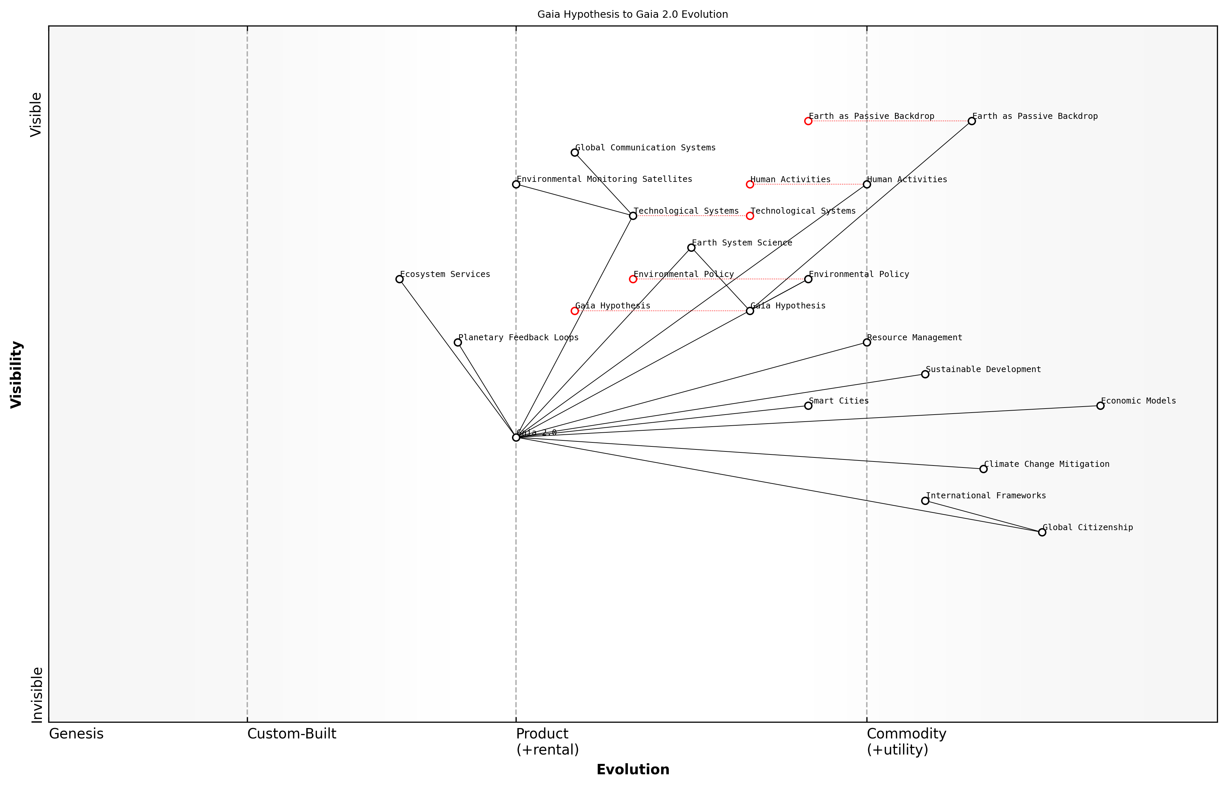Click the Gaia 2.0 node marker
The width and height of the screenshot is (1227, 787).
516,437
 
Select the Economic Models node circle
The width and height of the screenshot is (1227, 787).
1100,406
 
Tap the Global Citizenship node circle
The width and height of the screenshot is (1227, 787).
1042,532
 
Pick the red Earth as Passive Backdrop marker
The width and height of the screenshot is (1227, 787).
808,121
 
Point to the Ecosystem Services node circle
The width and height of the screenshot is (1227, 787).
399,279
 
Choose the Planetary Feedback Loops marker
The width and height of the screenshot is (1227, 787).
458,342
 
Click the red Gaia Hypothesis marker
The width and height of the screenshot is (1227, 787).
575,311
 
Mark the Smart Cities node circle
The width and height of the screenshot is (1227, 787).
808,406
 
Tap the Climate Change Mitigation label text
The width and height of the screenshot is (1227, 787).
1046,464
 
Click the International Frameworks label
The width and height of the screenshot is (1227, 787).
986,496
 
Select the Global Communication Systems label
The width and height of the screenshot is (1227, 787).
645,148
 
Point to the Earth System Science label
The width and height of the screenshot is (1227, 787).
742,243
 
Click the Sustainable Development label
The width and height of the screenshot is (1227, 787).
983,369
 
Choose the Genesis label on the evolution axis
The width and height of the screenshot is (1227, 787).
76,734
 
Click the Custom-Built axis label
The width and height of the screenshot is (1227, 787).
292,734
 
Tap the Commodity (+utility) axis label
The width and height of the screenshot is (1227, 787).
906,741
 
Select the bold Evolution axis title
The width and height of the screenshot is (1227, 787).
633,770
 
